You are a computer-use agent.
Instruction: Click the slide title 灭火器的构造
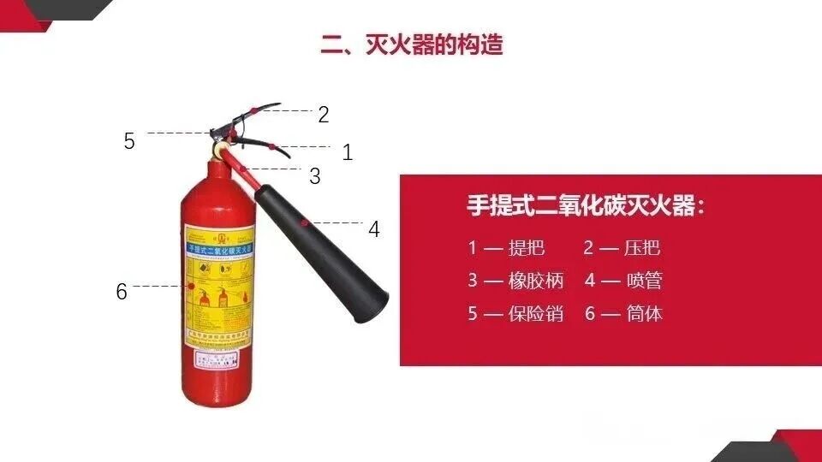tap(412, 44)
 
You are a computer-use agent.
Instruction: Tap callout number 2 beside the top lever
tap(324, 115)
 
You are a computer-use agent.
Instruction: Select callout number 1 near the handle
tap(348, 153)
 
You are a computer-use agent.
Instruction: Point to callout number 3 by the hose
tap(315, 176)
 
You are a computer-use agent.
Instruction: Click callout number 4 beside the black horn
tap(374, 229)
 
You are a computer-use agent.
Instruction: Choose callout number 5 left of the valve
tap(129, 141)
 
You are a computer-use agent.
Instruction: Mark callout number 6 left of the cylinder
tap(122, 292)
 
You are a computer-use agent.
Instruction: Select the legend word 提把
tap(527, 249)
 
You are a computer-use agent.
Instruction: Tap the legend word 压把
tap(642, 249)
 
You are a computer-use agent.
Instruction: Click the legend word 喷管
tap(644, 281)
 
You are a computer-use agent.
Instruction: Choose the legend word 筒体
tap(644, 313)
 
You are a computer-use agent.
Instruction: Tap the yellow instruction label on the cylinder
tap(219, 287)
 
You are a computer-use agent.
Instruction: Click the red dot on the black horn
tap(303, 222)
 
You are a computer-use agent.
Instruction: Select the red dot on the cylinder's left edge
tap(182, 286)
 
